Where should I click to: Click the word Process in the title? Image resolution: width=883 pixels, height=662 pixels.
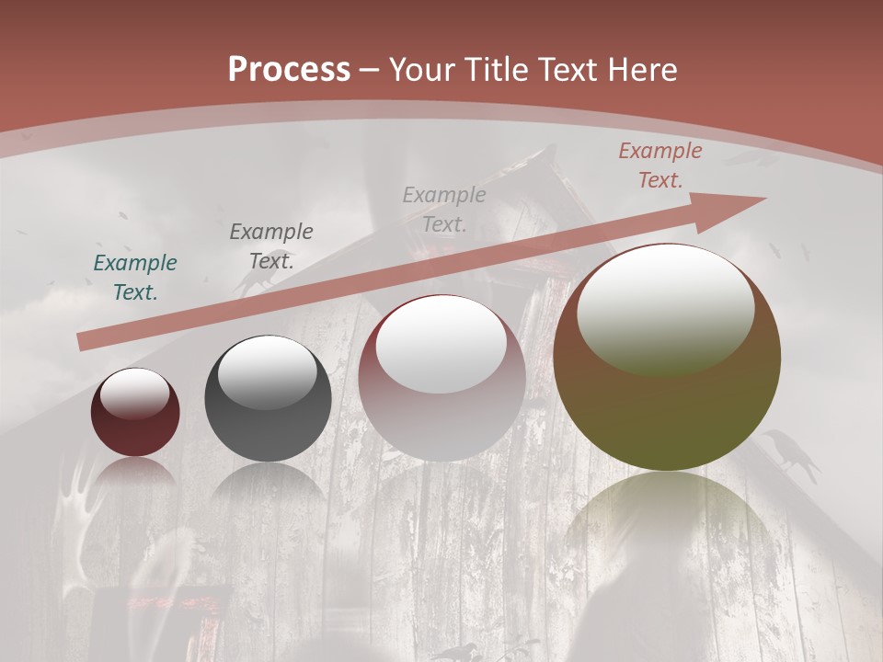coord(289,70)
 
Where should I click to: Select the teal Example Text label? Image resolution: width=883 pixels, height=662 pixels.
coord(134,278)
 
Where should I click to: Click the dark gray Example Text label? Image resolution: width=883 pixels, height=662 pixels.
coord(270,245)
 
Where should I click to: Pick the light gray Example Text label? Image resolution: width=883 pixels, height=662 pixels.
coord(444,209)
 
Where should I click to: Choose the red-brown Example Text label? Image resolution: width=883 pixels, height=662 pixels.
coord(659,165)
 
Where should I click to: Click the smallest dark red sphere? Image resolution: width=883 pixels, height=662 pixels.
coord(134,412)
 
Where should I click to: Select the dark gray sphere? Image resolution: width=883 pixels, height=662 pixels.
coord(268,398)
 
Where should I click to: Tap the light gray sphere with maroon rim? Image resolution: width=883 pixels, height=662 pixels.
coord(442,378)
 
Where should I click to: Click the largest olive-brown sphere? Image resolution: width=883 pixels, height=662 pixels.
coord(667,358)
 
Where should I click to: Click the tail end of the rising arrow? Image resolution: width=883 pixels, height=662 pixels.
coord(84,342)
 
